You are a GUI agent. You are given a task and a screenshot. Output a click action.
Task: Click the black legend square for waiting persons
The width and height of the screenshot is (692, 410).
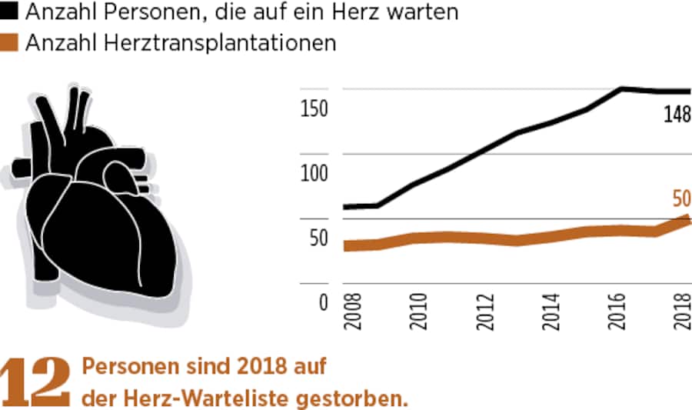(10, 12)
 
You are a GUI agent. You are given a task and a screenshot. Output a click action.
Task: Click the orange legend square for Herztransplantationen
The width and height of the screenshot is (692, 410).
(10, 44)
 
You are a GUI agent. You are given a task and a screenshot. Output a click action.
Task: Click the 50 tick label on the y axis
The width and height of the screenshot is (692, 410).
(317, 238)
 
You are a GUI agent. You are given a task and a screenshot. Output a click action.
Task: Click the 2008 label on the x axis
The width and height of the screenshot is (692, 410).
(351, 312)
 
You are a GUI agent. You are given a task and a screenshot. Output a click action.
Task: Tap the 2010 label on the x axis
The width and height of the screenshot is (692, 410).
(418, 312)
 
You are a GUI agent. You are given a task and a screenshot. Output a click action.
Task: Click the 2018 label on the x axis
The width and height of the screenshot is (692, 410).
(683, 312)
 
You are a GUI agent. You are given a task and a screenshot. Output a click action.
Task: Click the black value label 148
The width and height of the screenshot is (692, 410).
(677, 115)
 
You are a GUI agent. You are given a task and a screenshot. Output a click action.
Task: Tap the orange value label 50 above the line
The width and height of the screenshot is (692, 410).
(681, 199)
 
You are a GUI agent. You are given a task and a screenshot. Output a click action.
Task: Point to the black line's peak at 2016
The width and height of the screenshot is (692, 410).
(621, 88)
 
